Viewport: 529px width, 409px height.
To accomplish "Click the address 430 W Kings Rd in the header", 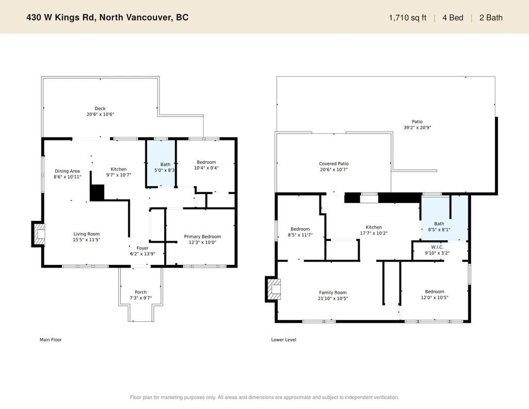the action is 61,18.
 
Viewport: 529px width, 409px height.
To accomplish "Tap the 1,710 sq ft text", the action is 408,18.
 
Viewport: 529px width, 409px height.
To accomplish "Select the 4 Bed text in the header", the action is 453,18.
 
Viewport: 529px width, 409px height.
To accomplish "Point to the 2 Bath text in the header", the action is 491,18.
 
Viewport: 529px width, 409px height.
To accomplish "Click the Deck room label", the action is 100,108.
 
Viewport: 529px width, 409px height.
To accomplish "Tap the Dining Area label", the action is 68,171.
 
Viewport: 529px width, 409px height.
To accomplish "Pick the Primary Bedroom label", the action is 202,237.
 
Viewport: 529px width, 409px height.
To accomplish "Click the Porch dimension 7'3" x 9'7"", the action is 141,298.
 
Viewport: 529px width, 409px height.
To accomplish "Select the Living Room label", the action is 86,234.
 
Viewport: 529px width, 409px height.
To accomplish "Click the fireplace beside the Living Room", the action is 38,233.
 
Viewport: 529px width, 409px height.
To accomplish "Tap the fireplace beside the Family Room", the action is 272,289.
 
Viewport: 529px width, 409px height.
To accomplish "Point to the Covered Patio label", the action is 334,164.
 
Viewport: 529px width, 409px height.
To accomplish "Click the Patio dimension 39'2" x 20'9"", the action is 418,128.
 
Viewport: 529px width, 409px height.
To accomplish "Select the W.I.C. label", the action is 437,247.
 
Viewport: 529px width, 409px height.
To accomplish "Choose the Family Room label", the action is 333,293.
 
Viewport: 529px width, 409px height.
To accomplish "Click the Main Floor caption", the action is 51,340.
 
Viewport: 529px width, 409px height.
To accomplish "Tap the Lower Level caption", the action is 283,340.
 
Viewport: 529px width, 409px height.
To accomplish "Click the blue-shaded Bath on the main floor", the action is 161,163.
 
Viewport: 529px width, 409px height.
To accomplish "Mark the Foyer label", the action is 142,248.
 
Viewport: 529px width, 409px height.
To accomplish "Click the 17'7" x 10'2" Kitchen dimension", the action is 374,233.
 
